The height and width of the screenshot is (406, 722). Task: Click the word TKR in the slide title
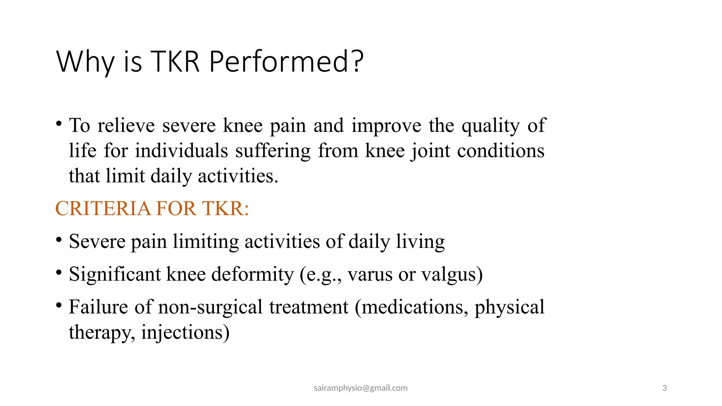(175, 62)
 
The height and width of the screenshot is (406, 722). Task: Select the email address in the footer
(360, 388)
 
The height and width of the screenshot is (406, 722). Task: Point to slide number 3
(665, 388)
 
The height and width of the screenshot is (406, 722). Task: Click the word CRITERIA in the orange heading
(103, 208)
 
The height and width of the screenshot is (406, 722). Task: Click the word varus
(370, 274)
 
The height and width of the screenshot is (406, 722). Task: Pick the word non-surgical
(210, 307)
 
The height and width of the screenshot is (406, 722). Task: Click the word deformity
(252, 274)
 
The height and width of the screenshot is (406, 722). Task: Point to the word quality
(490, 126)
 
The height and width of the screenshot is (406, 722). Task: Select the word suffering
(273, 151)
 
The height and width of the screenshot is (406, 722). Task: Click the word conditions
(501, 151)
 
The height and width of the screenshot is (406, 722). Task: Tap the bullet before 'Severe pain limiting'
(59, 240)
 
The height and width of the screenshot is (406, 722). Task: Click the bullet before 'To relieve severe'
(59, 124)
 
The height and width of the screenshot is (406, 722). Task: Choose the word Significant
(115, 274)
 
